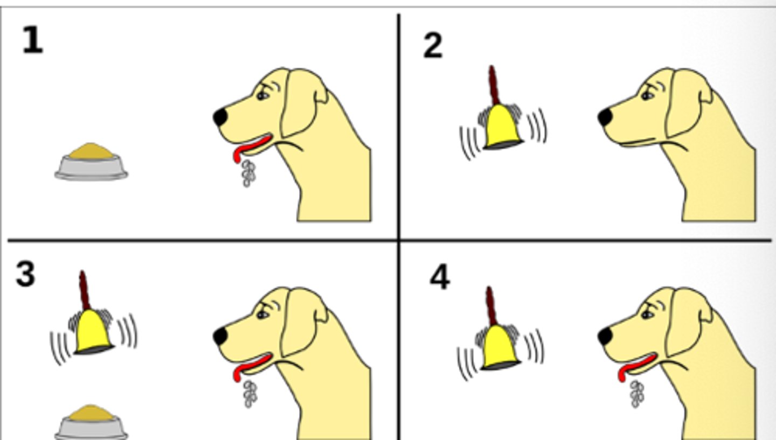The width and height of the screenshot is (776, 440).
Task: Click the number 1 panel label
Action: [x=32, y=41]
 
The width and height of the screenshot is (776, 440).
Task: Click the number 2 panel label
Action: [x=433, y=46]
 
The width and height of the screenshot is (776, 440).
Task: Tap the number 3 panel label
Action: [x=26, y=274]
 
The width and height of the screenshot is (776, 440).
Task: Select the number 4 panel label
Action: [x=440, y=278]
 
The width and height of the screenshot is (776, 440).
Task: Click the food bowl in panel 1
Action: [x=91, y=162]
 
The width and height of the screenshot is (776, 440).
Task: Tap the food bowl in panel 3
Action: [x=91, y=423]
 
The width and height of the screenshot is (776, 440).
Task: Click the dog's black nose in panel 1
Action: [x=220, y=117]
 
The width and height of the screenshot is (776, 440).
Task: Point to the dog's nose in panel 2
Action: [x=605, y=117]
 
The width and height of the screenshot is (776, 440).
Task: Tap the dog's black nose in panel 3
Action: [x=220, y=337]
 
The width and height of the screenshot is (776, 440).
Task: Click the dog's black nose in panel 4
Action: [x=605, y=337]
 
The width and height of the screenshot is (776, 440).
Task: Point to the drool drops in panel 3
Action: [x=249, y=394]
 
